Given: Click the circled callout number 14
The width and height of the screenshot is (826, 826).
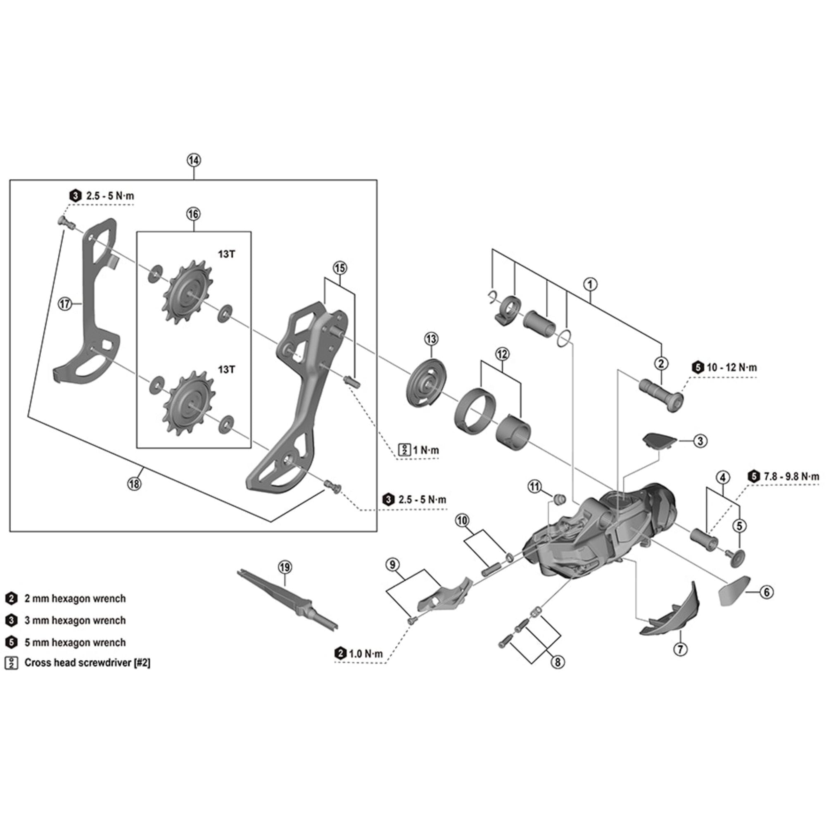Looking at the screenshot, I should pos(193,160).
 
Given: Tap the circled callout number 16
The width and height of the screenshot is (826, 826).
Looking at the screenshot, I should pos(193,214).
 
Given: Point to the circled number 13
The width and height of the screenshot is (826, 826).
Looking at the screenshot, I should pos(431,339).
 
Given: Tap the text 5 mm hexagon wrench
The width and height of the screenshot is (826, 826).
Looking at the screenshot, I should pos(75,642).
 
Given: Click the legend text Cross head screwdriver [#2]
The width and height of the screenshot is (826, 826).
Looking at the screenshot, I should pos(87,663).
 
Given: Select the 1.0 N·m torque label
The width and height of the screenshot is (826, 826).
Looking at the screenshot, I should pos(366,654).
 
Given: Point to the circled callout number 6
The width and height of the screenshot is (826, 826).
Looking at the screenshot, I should pos(767,592).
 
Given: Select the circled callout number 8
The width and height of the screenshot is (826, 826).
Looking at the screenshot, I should pos(558,662).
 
